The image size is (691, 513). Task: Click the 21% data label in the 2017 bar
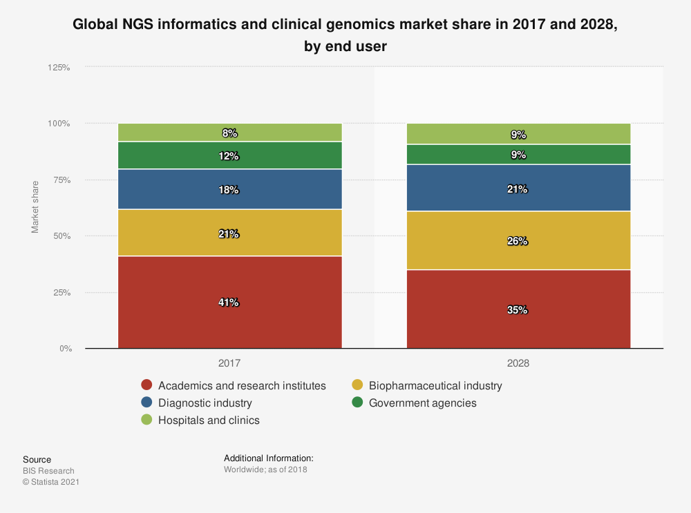click(x=229, y=234)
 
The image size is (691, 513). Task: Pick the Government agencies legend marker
click(x=357, y=403)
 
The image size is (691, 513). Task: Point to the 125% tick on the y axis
click(x=59, y=68)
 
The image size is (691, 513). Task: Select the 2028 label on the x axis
click(x=518, y=362)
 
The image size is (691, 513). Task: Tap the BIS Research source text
click(x=48, y=471)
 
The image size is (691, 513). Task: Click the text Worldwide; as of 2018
click(x=265, y=470)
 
